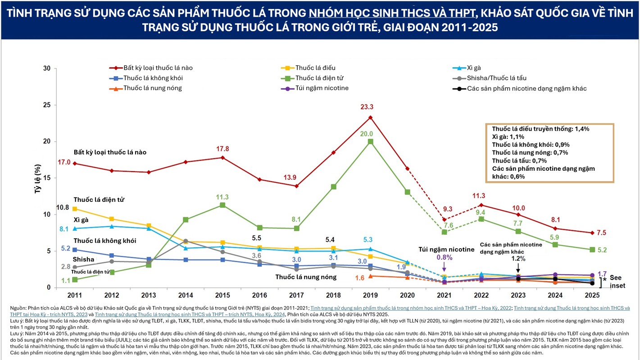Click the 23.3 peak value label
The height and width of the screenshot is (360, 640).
pyautogui.click(x=367, y=107)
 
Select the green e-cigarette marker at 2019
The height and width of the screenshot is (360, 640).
pyautogui.click(x=370, y=142)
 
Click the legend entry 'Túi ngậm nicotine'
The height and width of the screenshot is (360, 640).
pyautogui.click(x=314, y=88)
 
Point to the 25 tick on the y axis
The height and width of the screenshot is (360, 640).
pyautogui.click(x=46, y=105)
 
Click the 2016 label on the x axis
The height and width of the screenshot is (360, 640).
pyautogui.click(x=259, y=295)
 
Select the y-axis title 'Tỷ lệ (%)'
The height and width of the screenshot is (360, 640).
pyautogui.click(x=38, y=178)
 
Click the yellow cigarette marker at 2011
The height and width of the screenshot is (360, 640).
pyautogui.click(x=75, y=209)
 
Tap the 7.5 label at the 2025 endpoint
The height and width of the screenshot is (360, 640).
pyautogui.click(x=601, y=233)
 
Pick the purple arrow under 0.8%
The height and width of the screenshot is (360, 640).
pyautogui.click(x=444, y=267)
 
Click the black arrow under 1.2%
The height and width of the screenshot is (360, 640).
pyautogui.click(x=518, y=268)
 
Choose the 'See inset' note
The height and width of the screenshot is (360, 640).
pyautogui.click(x=617, y=282)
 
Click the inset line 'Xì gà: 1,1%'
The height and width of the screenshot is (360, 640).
pyautogui.click(x=508, y=137)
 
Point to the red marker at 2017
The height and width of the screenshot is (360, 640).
pyautogui.click(x=296, y=186)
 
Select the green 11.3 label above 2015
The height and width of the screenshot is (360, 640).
pyautogui.click(x=222, y=197)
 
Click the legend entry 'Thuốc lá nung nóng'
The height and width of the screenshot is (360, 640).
pyautogui.click(x=145, y=88)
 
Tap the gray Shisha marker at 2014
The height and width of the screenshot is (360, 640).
pyautogui.click(x=186, y=241)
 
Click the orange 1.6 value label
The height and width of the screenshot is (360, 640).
pyautogui.click(x=360, y=278)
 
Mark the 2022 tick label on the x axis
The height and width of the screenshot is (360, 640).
pyautogui.click(x=481, y=295)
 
